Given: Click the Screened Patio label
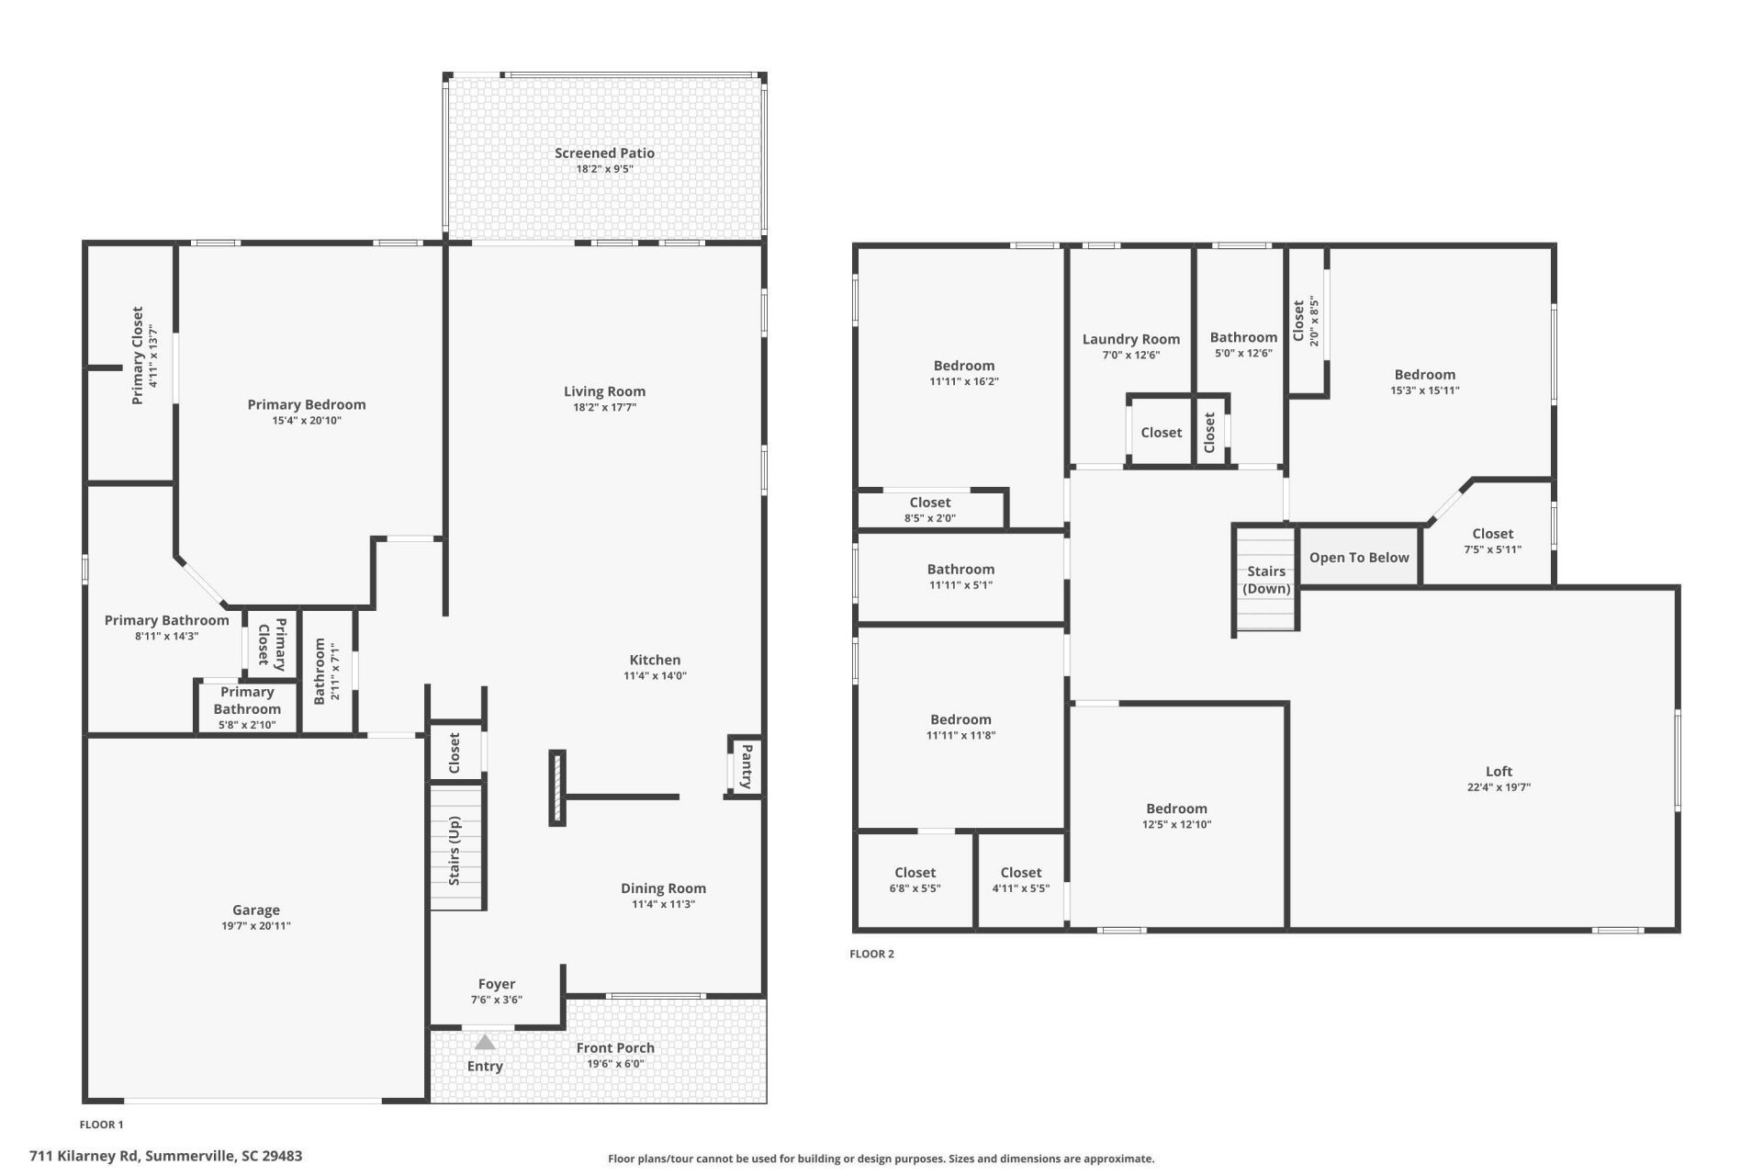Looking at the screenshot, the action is tap(604, 153).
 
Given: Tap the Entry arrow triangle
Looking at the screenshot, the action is tap(485, 1042).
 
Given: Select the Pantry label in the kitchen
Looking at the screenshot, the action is tap(747, 766).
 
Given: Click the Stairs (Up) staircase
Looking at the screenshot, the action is tap(456, 847).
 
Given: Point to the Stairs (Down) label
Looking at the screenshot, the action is tap(1266, 580).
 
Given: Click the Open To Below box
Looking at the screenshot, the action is tap(1359, 557).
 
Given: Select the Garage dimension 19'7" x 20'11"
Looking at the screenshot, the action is tap(256, 926).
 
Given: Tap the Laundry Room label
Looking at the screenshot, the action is tap(1131, 339).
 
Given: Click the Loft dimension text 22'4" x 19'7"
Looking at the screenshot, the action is tap(1499, 787).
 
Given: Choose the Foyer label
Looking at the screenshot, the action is tap(497, 984).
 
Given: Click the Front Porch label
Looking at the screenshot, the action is tap(615, 1047).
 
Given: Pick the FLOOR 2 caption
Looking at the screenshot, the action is tap(871, 954).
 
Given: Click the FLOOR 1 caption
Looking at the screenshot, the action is tap(101, 1125).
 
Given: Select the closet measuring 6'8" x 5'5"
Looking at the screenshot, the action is tap(915, 880).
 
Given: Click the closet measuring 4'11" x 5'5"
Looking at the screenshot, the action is tap(1021, 880).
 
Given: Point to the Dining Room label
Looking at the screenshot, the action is tap(663, 888).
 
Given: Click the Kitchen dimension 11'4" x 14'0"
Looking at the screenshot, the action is tap(656, 676).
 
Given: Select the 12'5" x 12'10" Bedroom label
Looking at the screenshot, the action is tap(1176, 808).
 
